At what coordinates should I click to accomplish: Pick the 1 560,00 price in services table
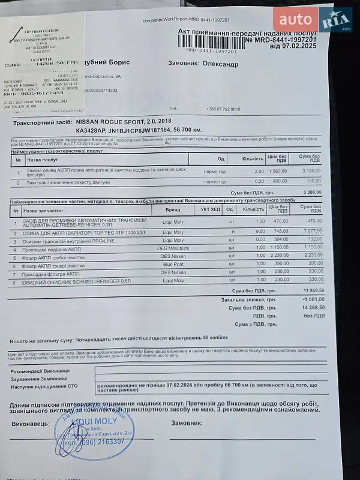point(279,170)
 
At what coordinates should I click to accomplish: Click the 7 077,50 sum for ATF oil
point(311,231)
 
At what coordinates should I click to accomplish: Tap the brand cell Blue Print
point(173,263)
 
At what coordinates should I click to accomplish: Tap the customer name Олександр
point(220,64)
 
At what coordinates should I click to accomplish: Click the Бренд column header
point(173,209)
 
